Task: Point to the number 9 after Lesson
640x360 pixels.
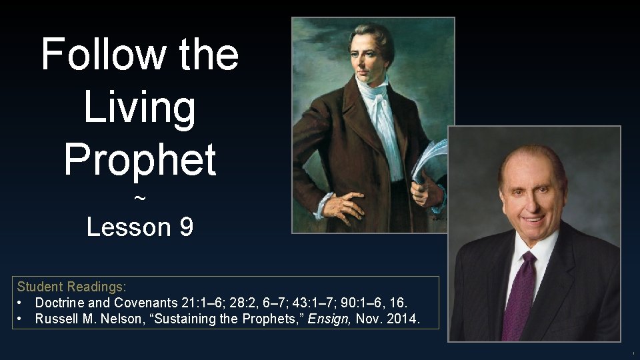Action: pyautogui.click(x=186, y=227)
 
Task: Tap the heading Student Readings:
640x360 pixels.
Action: pyautogui.click(x=71, y=287)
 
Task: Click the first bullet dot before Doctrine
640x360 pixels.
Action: pyautogui.click(x=21, y=303)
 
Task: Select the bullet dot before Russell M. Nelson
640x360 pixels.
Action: pyautogui.click(x=21, y=319)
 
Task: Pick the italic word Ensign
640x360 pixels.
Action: pyautogui.click(x=329, y=319)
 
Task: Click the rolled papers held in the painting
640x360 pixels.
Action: pyautogui.click(x=427, y=160)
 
